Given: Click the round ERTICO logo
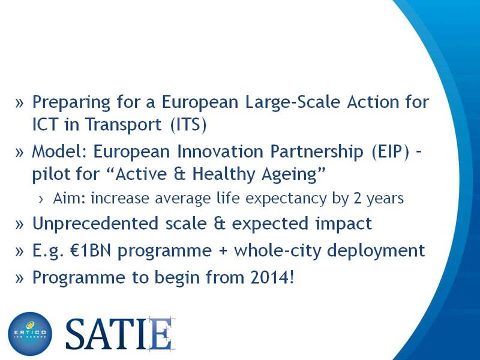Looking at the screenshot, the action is [x=30, y=334].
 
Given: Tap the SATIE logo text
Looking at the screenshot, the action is [x=120, y=334].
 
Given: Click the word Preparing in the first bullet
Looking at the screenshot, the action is [x=71, y=103].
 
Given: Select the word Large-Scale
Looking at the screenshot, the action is [x=293, y=103].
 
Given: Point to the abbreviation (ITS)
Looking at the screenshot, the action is [x=188, y=124].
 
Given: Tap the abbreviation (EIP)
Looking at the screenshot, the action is [x=391, y=152].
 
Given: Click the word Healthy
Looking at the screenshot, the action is [x=224, y=174].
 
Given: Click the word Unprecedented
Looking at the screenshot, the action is [x=95, y=223].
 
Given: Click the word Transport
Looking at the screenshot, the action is [x=123, y=125].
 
